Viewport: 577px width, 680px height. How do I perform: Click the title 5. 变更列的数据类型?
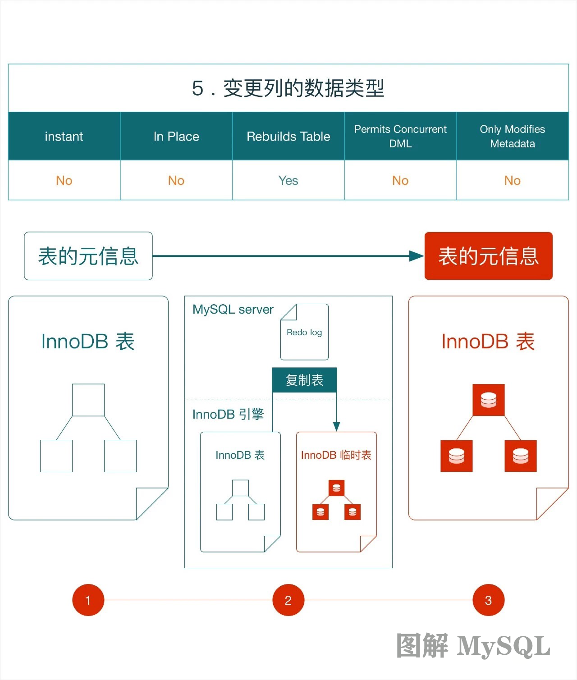tap(288, 88)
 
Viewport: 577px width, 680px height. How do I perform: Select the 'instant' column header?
tap(64, 137)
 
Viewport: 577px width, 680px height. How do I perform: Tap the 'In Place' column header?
tap(176, 137)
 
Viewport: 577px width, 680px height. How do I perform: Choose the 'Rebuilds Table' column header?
tap(288, 137)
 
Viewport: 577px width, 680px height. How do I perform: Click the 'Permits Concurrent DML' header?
tap(400, 137)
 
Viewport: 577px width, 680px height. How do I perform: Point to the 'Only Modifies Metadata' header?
tap(513, 137)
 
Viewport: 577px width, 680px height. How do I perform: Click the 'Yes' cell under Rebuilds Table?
tap(288, 181)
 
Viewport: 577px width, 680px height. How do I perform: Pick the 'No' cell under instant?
tap(64, 181)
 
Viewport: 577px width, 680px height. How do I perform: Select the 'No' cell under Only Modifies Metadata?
tap(513, 181)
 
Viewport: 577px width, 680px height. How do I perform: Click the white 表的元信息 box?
tap(88, 256)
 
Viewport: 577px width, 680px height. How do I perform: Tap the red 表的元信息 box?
tap(489, 256)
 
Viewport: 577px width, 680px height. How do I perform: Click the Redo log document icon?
tap(304, 332)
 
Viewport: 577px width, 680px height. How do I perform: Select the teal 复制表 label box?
tap(304, 380)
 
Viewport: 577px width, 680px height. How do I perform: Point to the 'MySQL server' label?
tap(233, 310)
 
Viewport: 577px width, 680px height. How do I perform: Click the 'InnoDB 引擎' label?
tap(228, 415)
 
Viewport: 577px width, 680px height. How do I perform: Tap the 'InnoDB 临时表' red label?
tap(336, 455)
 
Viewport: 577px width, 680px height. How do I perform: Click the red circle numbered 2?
tap(288, 600)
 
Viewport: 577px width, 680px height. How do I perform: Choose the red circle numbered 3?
tap(488, 600)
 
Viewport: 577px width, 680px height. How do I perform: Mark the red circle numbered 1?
tap(88, 600)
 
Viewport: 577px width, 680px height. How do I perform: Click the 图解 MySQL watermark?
tap(473, 646)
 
